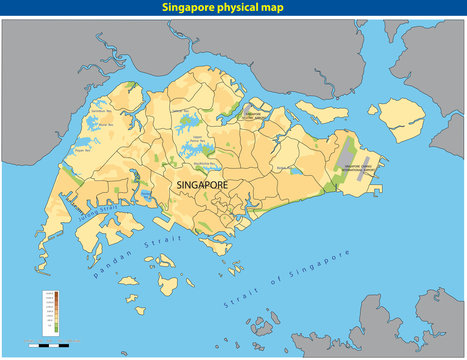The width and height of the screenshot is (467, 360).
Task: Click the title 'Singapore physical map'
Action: [x=233, y=9]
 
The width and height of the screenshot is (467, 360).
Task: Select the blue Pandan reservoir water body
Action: [x=147, y=195]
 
